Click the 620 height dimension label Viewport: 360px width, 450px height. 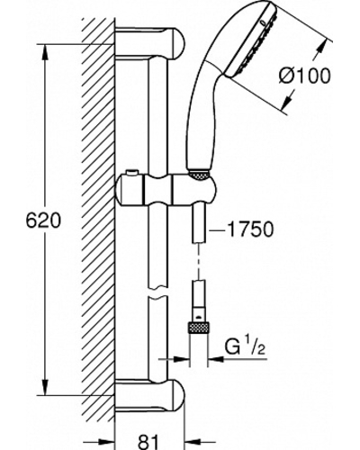point(43,220)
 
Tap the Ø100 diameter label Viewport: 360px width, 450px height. point(304,76)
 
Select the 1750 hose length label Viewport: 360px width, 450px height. point(250,229)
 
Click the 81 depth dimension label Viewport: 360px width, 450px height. point(148,440)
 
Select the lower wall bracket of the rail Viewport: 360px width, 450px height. point(150,394)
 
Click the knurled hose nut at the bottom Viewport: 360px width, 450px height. point(198,327)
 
